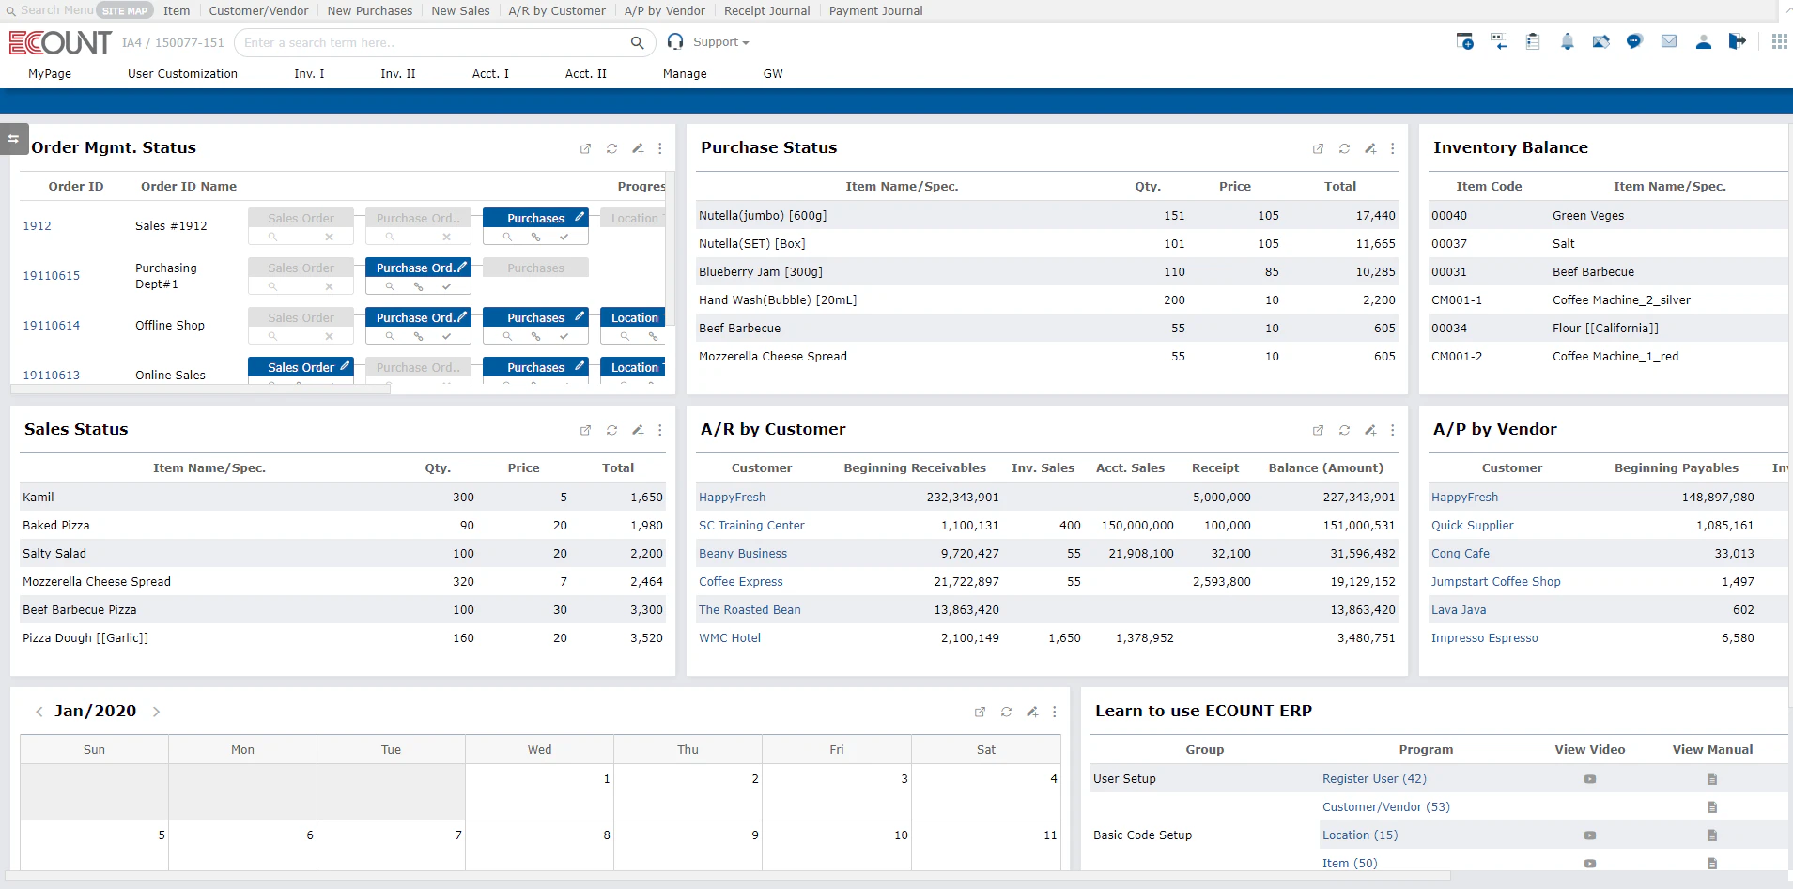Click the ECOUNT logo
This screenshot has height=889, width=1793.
60,43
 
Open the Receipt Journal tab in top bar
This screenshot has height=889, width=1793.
766,11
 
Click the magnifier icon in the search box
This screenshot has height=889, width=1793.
637,43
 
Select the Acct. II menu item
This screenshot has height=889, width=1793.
585,74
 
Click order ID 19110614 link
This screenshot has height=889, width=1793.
52,326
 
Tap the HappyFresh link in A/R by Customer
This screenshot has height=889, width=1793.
732,498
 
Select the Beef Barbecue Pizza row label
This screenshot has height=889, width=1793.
80,610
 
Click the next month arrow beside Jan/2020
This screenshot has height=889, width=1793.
156,712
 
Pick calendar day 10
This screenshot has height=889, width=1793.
900,835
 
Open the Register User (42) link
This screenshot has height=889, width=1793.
1373,779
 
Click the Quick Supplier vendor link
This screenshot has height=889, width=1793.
1472,526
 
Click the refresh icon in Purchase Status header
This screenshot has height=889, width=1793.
1344,148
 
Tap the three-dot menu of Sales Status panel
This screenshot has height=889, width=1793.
660,430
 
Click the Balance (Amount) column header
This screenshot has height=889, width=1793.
1325,468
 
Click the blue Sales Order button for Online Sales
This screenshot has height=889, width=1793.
301,367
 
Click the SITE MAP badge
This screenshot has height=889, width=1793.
125,11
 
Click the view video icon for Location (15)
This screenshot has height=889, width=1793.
1589,835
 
